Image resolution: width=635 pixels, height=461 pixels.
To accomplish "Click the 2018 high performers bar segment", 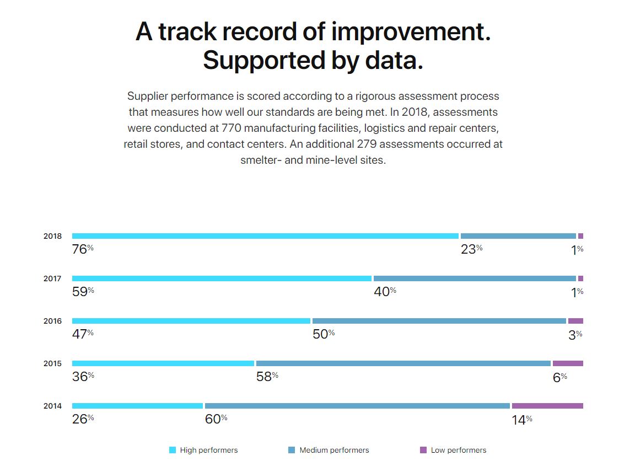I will click(x=265, y=236).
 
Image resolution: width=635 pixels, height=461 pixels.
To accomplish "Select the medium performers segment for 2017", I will click(x=475, y=278).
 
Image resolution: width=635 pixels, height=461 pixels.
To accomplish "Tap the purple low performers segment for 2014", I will click(x=547, y=406).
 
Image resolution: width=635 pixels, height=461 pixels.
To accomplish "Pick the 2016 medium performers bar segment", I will click(x=439, y=321).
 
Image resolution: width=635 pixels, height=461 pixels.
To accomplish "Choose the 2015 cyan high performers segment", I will click(x=163, y=363).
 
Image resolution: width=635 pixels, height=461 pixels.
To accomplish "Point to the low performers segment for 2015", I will click(x=568, y=363).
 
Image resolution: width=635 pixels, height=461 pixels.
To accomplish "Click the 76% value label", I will click(x=83, y=249).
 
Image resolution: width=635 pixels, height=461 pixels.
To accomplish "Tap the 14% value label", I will click(x=521, y=420).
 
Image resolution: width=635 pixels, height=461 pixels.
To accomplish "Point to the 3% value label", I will click(x=575, y=334).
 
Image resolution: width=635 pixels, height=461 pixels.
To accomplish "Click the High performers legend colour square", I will click(x=173, y=450).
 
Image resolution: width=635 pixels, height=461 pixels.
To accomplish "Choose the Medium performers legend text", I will click(x=334, y=450).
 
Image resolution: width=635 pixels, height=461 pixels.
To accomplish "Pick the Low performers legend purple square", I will click(x=423, y=450).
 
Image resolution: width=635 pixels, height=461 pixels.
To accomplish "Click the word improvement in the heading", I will click(x=411, y=31).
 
